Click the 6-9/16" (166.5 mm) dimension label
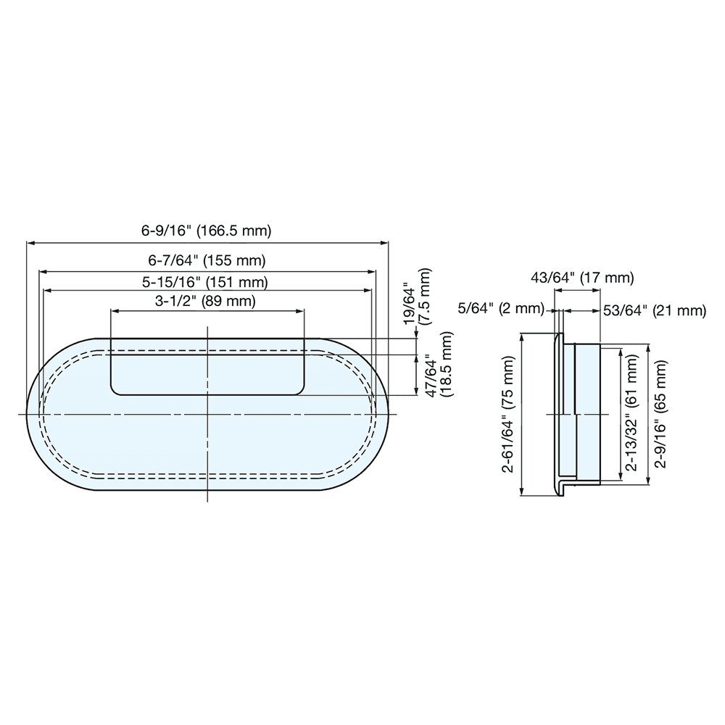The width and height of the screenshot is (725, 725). [x=207, y=231]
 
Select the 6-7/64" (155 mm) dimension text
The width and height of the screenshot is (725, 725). [x=207, y=259]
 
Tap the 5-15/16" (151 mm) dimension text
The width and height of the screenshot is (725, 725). [x=207, y=281]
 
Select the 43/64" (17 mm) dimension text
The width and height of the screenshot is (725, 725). [x=583, y=277]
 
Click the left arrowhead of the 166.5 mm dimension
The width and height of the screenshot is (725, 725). [x=30, y=244]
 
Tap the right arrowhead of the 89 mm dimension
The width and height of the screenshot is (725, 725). [x=299, y=311]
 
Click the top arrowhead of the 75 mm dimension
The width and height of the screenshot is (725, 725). [x=523, y=337]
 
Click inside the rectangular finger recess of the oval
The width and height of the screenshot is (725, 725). [x=207, y=366]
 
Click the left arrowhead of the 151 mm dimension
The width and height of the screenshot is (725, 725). [x=48, y=290]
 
